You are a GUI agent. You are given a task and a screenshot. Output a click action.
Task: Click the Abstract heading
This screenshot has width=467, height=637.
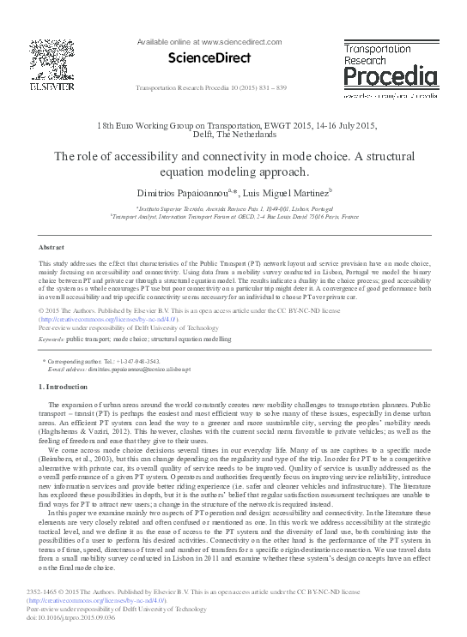point(52,246)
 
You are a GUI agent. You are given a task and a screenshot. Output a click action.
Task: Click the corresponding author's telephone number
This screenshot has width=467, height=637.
point(132,363)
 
